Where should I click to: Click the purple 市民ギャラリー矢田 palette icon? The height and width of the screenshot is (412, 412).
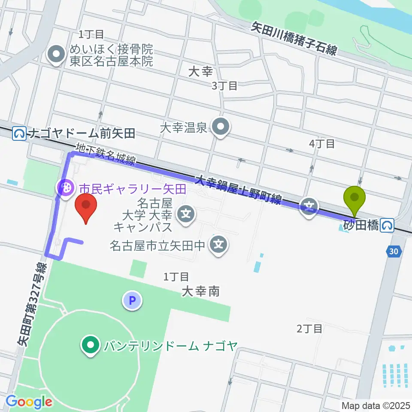coord(66,187)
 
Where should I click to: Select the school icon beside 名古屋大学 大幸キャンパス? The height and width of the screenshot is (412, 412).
coord(186,212)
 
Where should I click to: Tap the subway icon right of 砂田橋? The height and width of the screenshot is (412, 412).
coord(389,225)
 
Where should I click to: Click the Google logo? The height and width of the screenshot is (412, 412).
coord(29,402)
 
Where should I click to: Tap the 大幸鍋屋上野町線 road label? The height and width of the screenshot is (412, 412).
coord(239,189)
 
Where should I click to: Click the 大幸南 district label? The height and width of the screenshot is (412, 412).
coord(200,292)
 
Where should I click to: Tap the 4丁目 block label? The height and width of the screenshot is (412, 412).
coord(322,144)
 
